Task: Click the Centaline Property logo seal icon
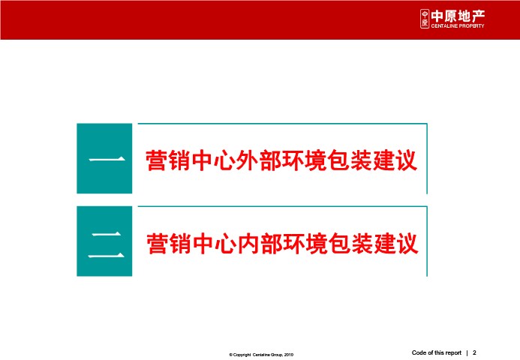[425, 19]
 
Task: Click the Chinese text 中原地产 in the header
[458, 16]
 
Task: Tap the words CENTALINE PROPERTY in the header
[458, 25]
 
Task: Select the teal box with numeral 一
[104, 158]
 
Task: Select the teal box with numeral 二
[104, 241]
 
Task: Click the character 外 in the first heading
[247, 160]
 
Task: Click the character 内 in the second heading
[248, 243]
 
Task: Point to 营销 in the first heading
[168, 160]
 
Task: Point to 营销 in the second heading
[169, 243]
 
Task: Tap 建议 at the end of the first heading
[395, 160]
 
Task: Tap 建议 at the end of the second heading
[395, 243]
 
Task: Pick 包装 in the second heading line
[350, 243]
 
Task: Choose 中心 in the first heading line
[213, 160]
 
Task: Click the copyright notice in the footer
[261, 355]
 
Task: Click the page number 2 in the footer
[474, 352]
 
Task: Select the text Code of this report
[437, 352]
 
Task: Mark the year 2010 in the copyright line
[289, 355]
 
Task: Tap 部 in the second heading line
[272, 243]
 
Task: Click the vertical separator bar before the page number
[467, 353]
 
